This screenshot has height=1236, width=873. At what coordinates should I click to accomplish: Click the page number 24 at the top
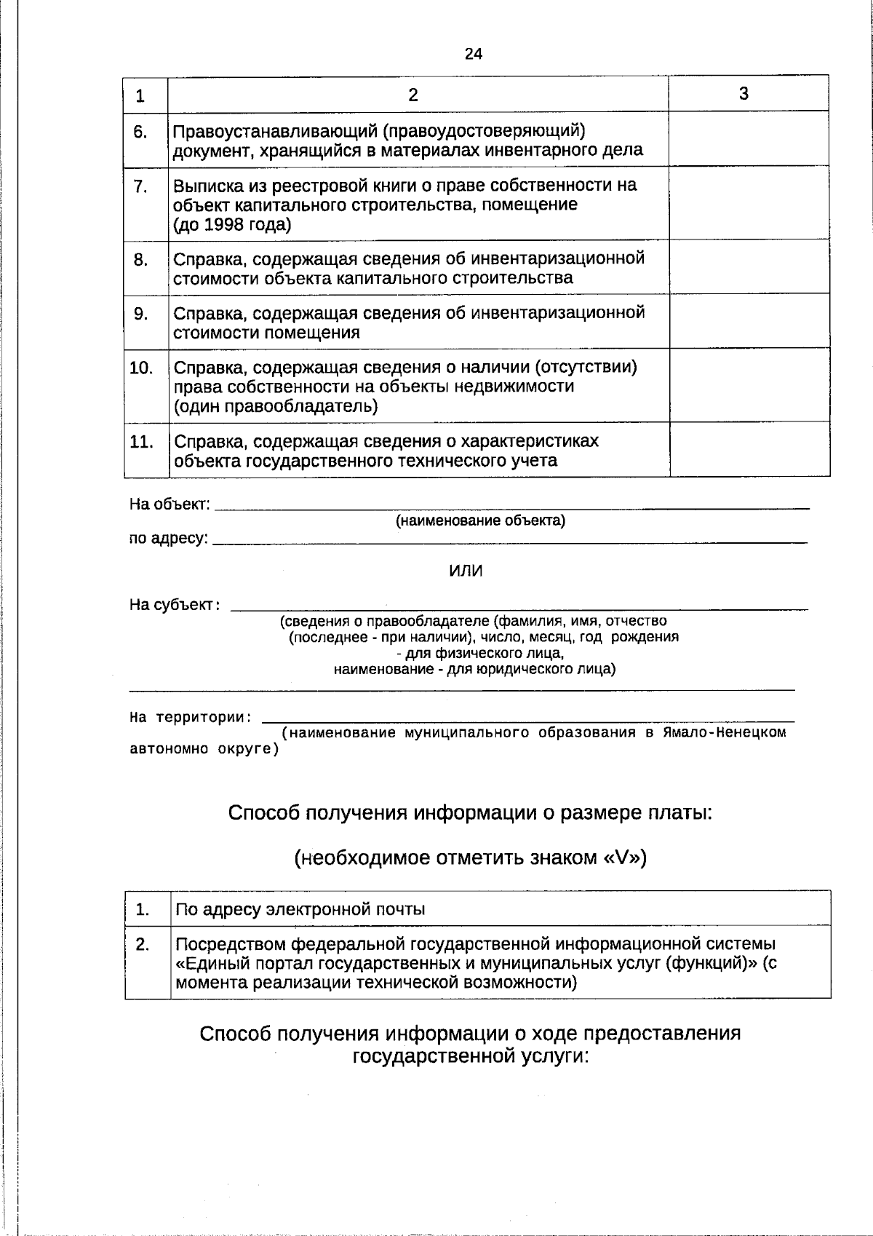(x=473, y=54)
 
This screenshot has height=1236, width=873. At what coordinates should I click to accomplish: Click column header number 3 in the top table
(x=744, y=93)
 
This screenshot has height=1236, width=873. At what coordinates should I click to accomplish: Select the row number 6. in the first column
(x=140, y=132)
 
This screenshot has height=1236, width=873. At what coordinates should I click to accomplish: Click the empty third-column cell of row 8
(x=749, y=267)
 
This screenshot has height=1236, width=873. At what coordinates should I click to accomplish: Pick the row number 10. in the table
(x=141, y=368)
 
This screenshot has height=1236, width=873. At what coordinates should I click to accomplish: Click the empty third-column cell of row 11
(x=749, y=450)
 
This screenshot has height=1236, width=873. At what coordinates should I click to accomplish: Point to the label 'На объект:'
(x=170, y=504)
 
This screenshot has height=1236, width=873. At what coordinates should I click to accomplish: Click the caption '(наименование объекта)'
(x=480, y=521)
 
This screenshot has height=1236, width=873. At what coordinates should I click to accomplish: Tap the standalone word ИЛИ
(x=466, y=571)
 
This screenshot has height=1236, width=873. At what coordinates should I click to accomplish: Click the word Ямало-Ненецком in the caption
(x=724, y=732)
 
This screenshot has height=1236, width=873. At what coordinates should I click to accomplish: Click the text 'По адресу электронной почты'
(x=300, y=909)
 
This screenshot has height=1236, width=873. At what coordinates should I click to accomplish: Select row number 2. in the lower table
(x=143, y=945)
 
